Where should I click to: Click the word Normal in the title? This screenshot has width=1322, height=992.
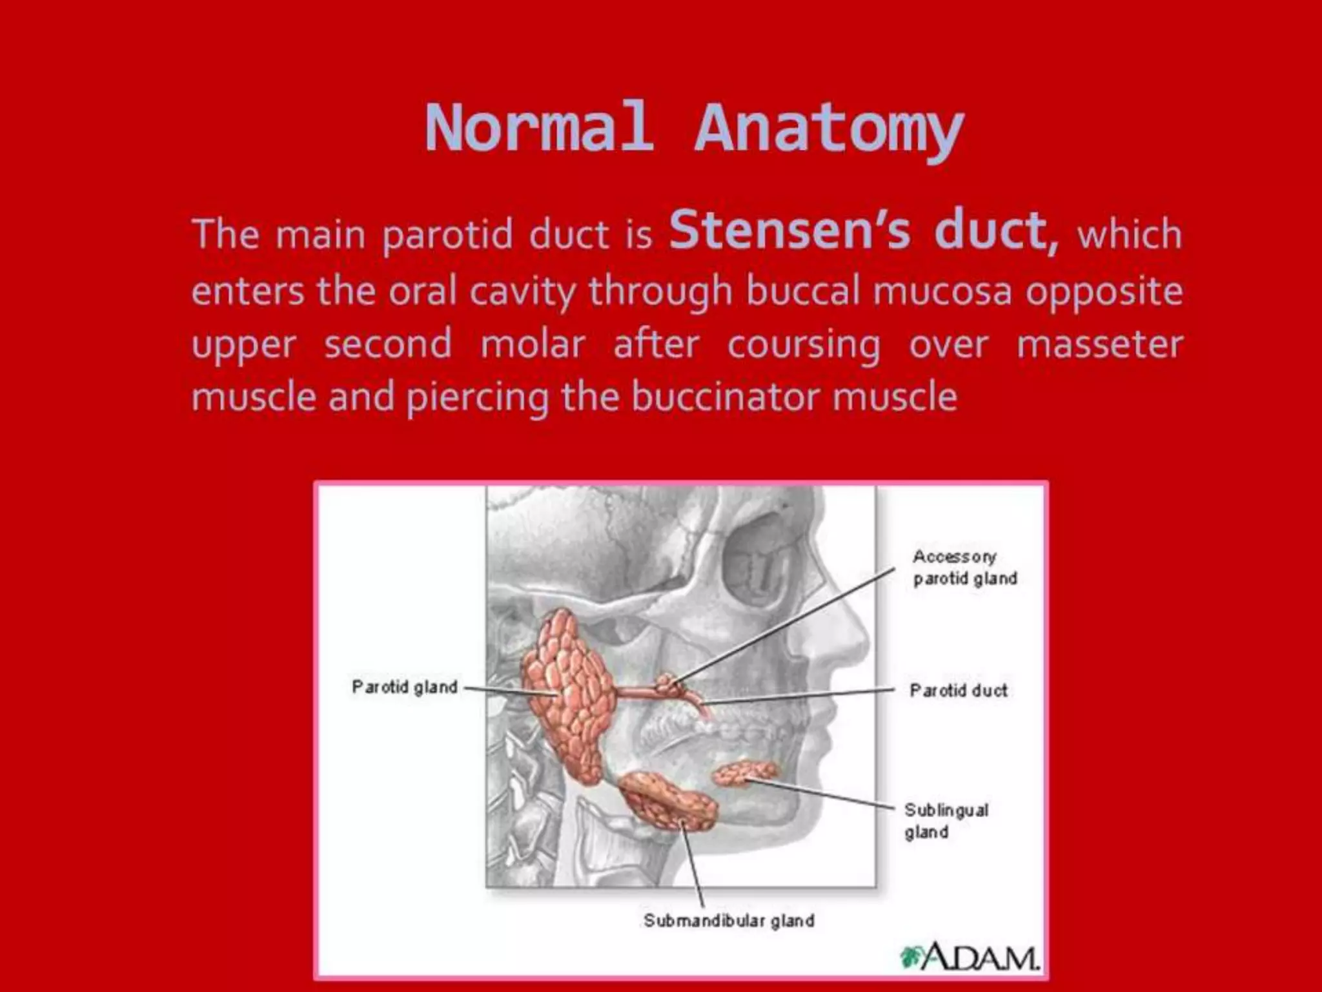pyautogui.click(x=537, y=128)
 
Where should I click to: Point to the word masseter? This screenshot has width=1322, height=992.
pyautogui.click(x=1099, y=344)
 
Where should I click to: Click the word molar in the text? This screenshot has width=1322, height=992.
pyautogui.click(x=533, y=344)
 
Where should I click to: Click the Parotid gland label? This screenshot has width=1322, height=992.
pyautogui.click(x=404, y=687)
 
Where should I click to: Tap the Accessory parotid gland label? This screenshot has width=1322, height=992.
pyautogui.click(x=964, y=567)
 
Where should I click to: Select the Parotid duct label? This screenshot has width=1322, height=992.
pyautogui.click(x=958, y=690)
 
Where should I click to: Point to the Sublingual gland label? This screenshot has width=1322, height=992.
pyautogui.click(x=946, y=820)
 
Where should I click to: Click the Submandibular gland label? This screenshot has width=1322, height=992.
pyautogui.click(x=728, y=920)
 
